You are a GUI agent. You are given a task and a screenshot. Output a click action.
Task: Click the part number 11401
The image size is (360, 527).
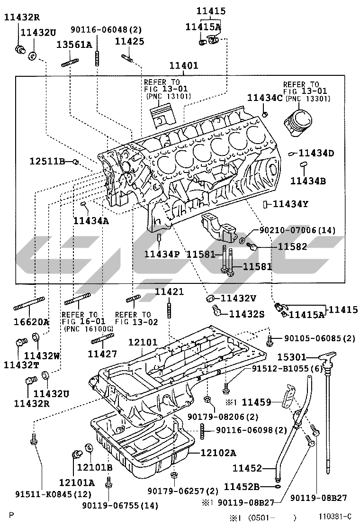(184, 66)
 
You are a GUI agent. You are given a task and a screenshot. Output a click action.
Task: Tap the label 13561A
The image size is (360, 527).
(74, 45)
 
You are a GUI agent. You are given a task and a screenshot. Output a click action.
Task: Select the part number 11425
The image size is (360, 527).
(129, 42)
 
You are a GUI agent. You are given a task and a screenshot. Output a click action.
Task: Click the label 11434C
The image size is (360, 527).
(265, 98)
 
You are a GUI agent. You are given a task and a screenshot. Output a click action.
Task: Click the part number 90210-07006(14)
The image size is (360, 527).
(297, 230)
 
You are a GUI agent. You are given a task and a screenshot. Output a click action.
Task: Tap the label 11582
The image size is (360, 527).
(292, 246)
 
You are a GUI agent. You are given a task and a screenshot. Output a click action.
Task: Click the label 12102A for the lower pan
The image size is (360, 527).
(218, 453)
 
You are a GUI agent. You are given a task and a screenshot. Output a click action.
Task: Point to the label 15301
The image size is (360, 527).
(292, 357)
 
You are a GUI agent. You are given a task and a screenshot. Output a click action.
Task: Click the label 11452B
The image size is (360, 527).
(242, 486)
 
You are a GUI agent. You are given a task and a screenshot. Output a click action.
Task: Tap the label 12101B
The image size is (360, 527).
(95, 467)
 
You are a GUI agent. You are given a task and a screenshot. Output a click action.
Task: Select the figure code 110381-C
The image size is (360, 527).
(335, 516)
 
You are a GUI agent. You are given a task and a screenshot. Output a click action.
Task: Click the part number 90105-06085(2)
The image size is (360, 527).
(319, 338)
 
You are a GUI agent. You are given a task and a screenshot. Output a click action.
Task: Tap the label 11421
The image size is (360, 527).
(169, 291)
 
